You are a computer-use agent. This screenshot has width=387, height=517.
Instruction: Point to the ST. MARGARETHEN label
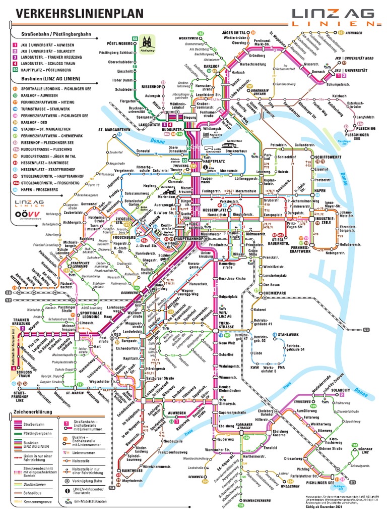(x=114, y=130)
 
